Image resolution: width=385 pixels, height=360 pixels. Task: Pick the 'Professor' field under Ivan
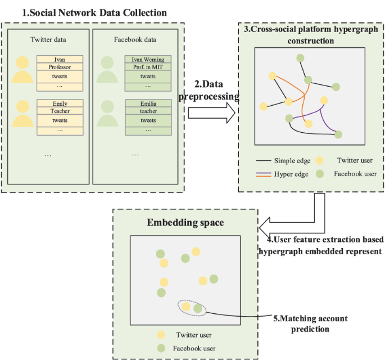click(x=60, y=67)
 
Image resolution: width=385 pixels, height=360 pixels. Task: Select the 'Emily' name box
click(x=60, y=103)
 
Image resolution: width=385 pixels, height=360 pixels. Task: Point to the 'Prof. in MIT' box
click(x=148, y=67)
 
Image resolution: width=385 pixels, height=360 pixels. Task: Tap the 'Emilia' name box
click(x=148, y=103)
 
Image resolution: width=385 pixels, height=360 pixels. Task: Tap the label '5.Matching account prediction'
click(x=311, y=323)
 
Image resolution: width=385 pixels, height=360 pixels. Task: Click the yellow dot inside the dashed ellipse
click(x=186, y=307)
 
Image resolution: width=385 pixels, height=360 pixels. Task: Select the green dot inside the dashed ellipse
click(x=197, y=308)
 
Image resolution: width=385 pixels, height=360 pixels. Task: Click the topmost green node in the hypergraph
click(x=301, y=58)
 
